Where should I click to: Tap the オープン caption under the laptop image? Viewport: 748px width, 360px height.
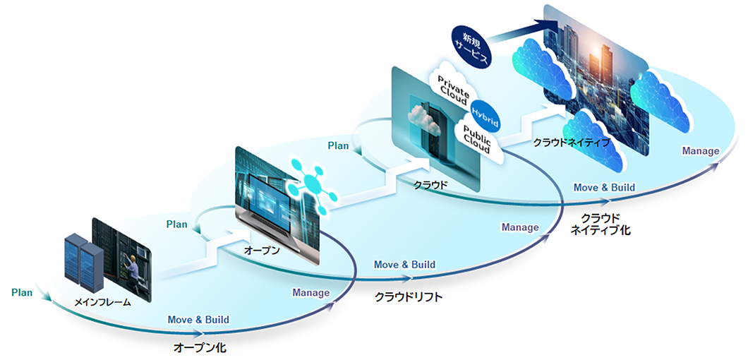[262, 251]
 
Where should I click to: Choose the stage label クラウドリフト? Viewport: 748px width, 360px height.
[409, 297]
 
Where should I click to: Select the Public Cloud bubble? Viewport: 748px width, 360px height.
[479, 138]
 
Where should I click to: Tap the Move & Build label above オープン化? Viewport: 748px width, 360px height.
[198, 320]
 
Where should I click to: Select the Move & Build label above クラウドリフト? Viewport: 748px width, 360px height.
[404, 265]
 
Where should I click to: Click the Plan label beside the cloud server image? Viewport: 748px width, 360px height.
[338, 145]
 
